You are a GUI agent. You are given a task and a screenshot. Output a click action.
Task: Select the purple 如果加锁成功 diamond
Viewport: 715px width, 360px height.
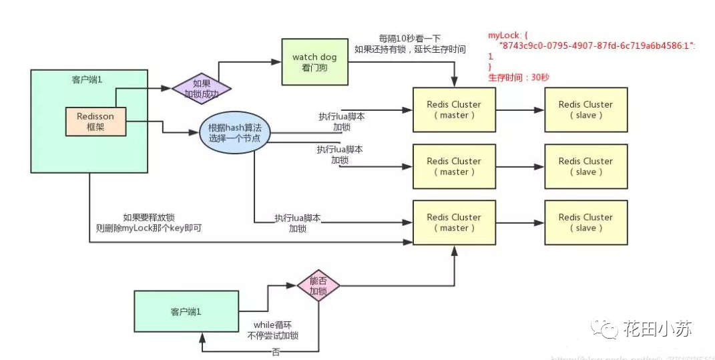coord(202,89)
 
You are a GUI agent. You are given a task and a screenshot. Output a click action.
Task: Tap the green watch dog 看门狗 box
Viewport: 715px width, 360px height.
coord(314,61)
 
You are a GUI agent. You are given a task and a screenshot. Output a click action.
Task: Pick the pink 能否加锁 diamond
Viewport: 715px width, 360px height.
coord(318,286)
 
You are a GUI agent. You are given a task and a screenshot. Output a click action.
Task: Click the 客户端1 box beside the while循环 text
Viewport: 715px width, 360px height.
coord(186,312)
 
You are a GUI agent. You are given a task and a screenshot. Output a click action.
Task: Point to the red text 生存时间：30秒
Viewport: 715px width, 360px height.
coord(518,77)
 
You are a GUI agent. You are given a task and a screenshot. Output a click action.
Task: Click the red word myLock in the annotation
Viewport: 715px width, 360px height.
coord(501,34)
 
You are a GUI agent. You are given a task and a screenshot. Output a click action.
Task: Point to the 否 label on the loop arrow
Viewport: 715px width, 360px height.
coord(276,351)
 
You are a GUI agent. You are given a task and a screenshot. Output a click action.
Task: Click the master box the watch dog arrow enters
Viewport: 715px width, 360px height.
coord(454,110)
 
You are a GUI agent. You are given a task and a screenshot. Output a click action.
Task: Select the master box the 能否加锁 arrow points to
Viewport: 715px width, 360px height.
coord(454,222)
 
